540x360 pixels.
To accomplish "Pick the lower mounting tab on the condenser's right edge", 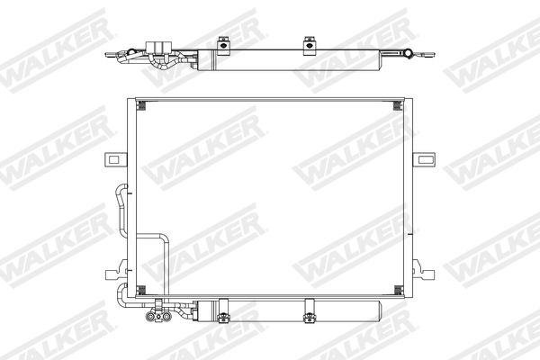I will click(425, 267).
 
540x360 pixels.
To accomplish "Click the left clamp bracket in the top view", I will click(221, 41).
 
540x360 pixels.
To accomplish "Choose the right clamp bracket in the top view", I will click(309, 41).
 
